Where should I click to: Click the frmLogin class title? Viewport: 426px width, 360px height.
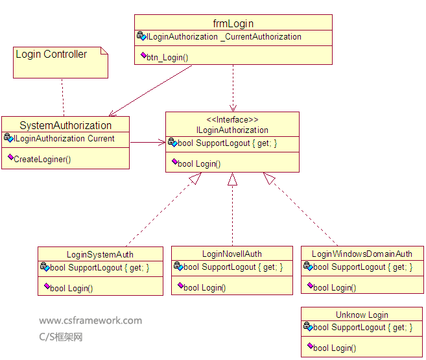point(233,24)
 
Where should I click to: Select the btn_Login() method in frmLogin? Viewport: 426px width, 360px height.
point(168,57)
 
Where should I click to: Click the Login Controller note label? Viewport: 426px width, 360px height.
point(51,54)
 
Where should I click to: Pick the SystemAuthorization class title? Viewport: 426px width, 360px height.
point(65,125)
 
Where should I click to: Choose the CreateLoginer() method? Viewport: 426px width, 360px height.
point(42,159)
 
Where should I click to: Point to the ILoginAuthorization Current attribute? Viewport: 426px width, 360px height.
point(64,138)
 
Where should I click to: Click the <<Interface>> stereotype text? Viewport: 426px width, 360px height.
point(232,120)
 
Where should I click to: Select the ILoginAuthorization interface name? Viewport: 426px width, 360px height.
point(232,130)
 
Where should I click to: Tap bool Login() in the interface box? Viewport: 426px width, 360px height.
point(199,163)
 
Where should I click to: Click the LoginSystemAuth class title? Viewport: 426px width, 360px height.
point(100,254)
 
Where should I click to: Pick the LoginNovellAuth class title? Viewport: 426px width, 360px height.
point(232,254)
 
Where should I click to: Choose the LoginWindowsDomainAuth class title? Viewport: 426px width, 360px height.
point(362,254)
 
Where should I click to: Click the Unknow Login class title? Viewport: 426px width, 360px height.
point(362,315)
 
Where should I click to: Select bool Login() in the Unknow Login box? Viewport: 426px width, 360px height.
point(335,348)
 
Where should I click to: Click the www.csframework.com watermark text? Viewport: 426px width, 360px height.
point(90,320)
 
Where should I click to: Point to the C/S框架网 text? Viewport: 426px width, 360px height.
point(61,337)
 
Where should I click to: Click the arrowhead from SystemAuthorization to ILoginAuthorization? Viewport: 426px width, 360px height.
point(162,142)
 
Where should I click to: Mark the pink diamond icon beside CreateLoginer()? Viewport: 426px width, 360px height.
point(10,158)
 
